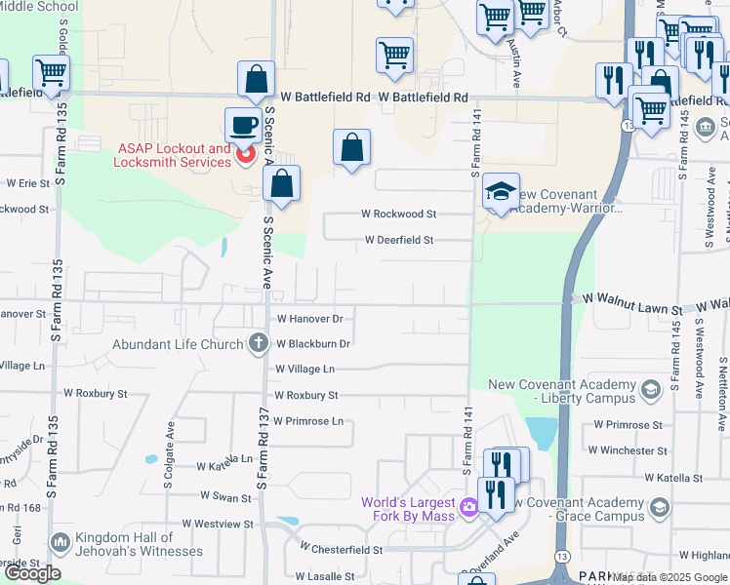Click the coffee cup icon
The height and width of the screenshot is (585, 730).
click(243, 125)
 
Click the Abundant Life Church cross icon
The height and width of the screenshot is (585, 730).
click(258, 342)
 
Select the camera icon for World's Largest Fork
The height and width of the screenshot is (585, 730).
click(469, 505)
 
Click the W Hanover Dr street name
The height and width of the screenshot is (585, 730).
click(310, 319)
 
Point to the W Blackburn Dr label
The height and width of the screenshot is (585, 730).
click(312, 344)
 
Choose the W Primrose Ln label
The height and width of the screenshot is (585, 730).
click(308, 421)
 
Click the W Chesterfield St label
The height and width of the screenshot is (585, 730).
click(341, 550)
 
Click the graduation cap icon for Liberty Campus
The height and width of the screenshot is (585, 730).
click(650, 391)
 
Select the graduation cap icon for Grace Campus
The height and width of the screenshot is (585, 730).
click(660, 508)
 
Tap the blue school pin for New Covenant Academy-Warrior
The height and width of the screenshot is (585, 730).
click(501, 191)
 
